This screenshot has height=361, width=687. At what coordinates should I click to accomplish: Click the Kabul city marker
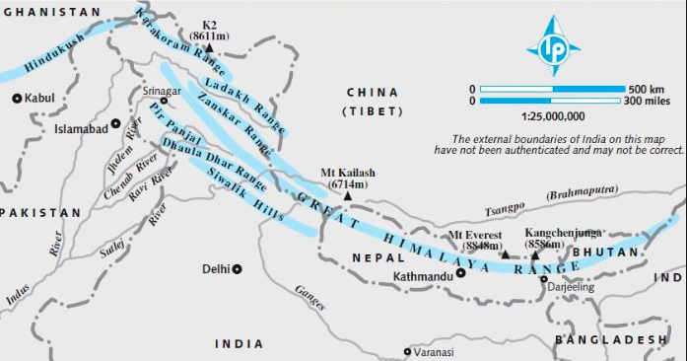17,98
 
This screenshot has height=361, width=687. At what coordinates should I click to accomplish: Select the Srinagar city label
162,90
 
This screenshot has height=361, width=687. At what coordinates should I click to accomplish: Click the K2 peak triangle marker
209,45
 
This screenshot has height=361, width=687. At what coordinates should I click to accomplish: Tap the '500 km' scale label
649,89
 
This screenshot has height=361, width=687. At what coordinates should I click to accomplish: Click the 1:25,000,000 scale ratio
547,115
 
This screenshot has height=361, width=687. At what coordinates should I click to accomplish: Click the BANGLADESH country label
611,339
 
